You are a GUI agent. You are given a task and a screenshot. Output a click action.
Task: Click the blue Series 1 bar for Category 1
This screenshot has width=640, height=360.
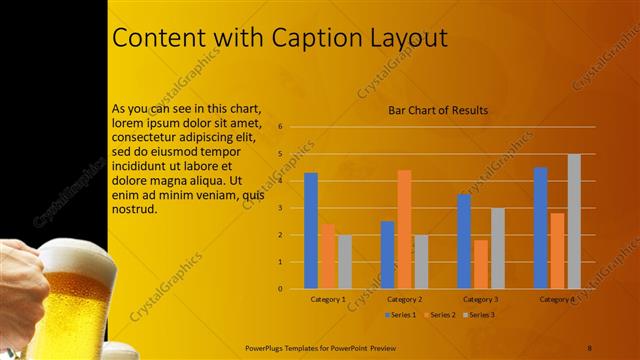311,231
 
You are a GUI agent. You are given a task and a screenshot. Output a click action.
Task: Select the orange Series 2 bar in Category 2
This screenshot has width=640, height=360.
404,229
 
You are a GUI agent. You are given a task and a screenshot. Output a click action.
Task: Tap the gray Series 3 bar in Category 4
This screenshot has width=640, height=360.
574,221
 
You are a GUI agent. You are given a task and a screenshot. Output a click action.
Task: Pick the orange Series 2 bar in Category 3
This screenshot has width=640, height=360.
481,264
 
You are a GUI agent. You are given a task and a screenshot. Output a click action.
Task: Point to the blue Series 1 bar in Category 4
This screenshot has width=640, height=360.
540,228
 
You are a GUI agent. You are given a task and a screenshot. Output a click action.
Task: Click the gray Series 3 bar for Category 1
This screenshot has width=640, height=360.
345,262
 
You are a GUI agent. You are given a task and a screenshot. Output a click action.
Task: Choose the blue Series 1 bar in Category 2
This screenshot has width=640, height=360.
387,255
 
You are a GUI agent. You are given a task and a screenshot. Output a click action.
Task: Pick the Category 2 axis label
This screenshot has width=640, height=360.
404,299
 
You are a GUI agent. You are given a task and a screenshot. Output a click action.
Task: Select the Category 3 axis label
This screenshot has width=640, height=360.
481,299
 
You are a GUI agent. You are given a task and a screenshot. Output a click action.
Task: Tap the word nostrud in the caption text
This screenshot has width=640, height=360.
134,210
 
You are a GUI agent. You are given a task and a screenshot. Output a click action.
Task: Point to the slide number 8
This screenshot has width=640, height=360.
590,347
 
